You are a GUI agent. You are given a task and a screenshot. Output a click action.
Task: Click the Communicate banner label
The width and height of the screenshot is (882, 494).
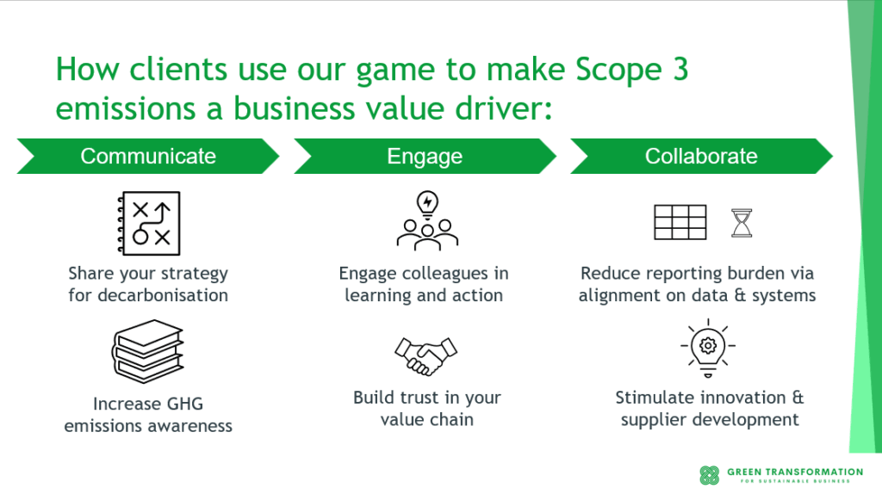coord(148,156)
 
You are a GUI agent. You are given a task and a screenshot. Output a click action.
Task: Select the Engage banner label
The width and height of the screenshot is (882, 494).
coord(425,156)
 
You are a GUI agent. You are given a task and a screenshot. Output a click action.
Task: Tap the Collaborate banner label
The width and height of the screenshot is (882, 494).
coord(701,156)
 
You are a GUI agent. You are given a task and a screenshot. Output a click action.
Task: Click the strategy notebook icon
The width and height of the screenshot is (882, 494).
coord(148,222)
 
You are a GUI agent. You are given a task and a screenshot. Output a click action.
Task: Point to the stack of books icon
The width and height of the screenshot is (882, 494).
coord(148,352)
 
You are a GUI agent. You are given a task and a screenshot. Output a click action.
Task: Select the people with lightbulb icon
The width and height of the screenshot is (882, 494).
coord(425,220)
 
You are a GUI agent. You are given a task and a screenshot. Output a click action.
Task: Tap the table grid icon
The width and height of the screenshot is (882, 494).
coord(680,222)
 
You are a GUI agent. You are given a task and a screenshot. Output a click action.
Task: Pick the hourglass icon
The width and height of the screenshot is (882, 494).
coord(741,222)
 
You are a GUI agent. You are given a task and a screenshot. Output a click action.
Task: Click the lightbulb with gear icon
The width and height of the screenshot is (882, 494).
coord(707,349)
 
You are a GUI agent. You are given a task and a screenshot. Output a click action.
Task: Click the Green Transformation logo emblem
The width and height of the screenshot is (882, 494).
coord(709,475)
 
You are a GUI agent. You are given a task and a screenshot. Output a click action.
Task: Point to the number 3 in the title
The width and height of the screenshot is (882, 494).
coord(679,69)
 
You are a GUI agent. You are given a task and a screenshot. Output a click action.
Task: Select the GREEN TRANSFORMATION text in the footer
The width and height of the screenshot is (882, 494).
coord(794,472)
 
